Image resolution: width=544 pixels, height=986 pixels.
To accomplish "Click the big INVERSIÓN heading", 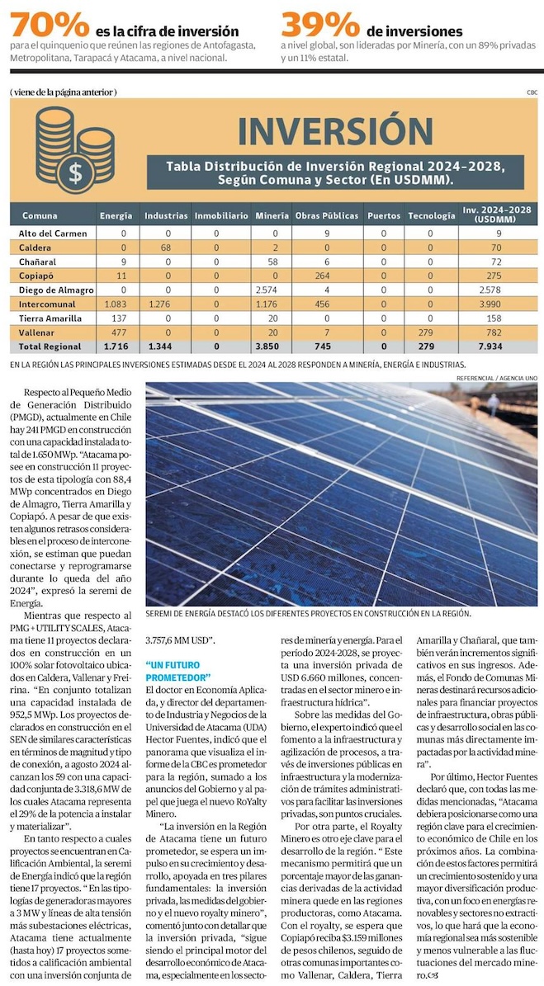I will [x=334, y=131].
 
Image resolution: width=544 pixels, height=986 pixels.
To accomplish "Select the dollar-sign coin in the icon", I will [x=75, y=173].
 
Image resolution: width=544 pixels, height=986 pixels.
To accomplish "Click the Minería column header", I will [x=272, y=215].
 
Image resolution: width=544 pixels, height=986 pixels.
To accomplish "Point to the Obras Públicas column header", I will [x=327, y=215].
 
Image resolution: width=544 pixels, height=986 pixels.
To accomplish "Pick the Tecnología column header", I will [x=431, y=215].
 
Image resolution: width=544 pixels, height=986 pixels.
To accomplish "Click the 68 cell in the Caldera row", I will [x=166, y=248].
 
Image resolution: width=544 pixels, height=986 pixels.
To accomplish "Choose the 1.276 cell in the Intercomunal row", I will [x=166, y=304].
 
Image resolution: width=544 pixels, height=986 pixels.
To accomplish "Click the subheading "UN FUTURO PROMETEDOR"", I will [x=178, y=672].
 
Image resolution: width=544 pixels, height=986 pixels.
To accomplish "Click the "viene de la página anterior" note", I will [x=64, y=92].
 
